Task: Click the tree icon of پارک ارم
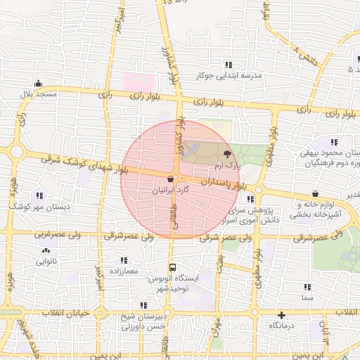coord(227,153)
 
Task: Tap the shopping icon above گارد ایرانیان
coord(172,179)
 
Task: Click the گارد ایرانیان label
coord(171,191)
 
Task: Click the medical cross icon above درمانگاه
coord(281,316)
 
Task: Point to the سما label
coord(307,299)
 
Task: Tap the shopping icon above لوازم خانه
coord(314,195)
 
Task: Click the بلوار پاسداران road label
coord(224,183)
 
